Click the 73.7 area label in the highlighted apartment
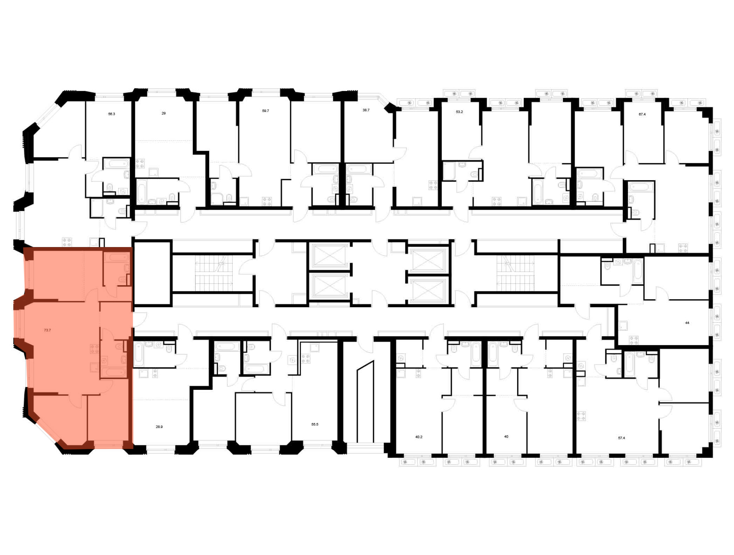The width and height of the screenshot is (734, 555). click(x=47, y=330)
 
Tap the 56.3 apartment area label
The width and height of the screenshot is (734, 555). click(x=112, y=114)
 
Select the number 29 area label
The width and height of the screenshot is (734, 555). click(x=164, y=113)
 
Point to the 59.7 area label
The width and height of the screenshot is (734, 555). click(x=265, y=111)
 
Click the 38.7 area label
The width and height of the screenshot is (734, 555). click(x=366, y=110)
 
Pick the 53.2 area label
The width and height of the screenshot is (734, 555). click(x=459, y=112)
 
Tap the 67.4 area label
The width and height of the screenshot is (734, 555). click(x=642, y=115)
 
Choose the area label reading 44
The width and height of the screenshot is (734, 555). click(x=687, y=323)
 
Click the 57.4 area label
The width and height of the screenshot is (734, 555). click(x=621, y=438)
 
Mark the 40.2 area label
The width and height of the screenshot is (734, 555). click(x=419, y=437)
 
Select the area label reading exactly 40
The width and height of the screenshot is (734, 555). click(x=506, y=437)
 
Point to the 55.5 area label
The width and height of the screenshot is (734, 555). click(x=315, y=424)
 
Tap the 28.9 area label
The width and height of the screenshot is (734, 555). click(x=159, y=427)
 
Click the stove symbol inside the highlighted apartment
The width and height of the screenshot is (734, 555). click(x=94, y=349)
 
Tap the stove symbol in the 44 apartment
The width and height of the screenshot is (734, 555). click(x=634, y=340)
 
